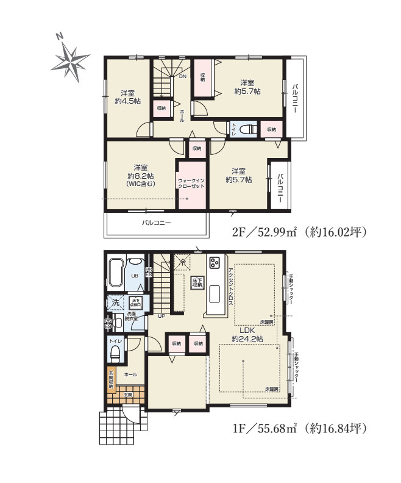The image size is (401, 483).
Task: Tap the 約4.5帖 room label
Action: pyautogui.click(x=127, y=98)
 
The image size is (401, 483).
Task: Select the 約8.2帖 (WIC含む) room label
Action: pyautogui.click(x=141, y=175)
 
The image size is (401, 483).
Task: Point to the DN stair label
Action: pyautogui.click(x=182, y=77)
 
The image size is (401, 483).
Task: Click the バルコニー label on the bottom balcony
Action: pyautogui.click(x=157, y=223)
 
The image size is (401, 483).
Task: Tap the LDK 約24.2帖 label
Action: pyautogui.click(x=247, y=334)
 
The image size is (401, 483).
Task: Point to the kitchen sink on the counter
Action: pyautogui.click(x=216, y=294)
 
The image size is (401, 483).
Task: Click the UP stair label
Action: pyautogui.click(x=161, y=316)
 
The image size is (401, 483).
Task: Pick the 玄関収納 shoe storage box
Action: pyautogui.click(x=112, y=379)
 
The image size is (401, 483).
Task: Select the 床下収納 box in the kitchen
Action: pyautogui.click(x=197, y=283)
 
